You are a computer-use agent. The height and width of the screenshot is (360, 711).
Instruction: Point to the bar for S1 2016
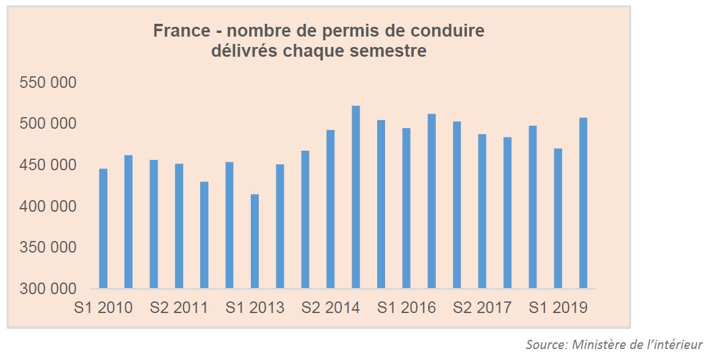[x=406, y=207]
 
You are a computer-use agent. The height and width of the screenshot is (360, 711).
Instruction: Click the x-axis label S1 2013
[x=254, y=308]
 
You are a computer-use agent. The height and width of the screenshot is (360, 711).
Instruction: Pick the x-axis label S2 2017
[x=482, y=308]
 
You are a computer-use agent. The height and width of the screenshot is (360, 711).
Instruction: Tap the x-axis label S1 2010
[x=103, y=308]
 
